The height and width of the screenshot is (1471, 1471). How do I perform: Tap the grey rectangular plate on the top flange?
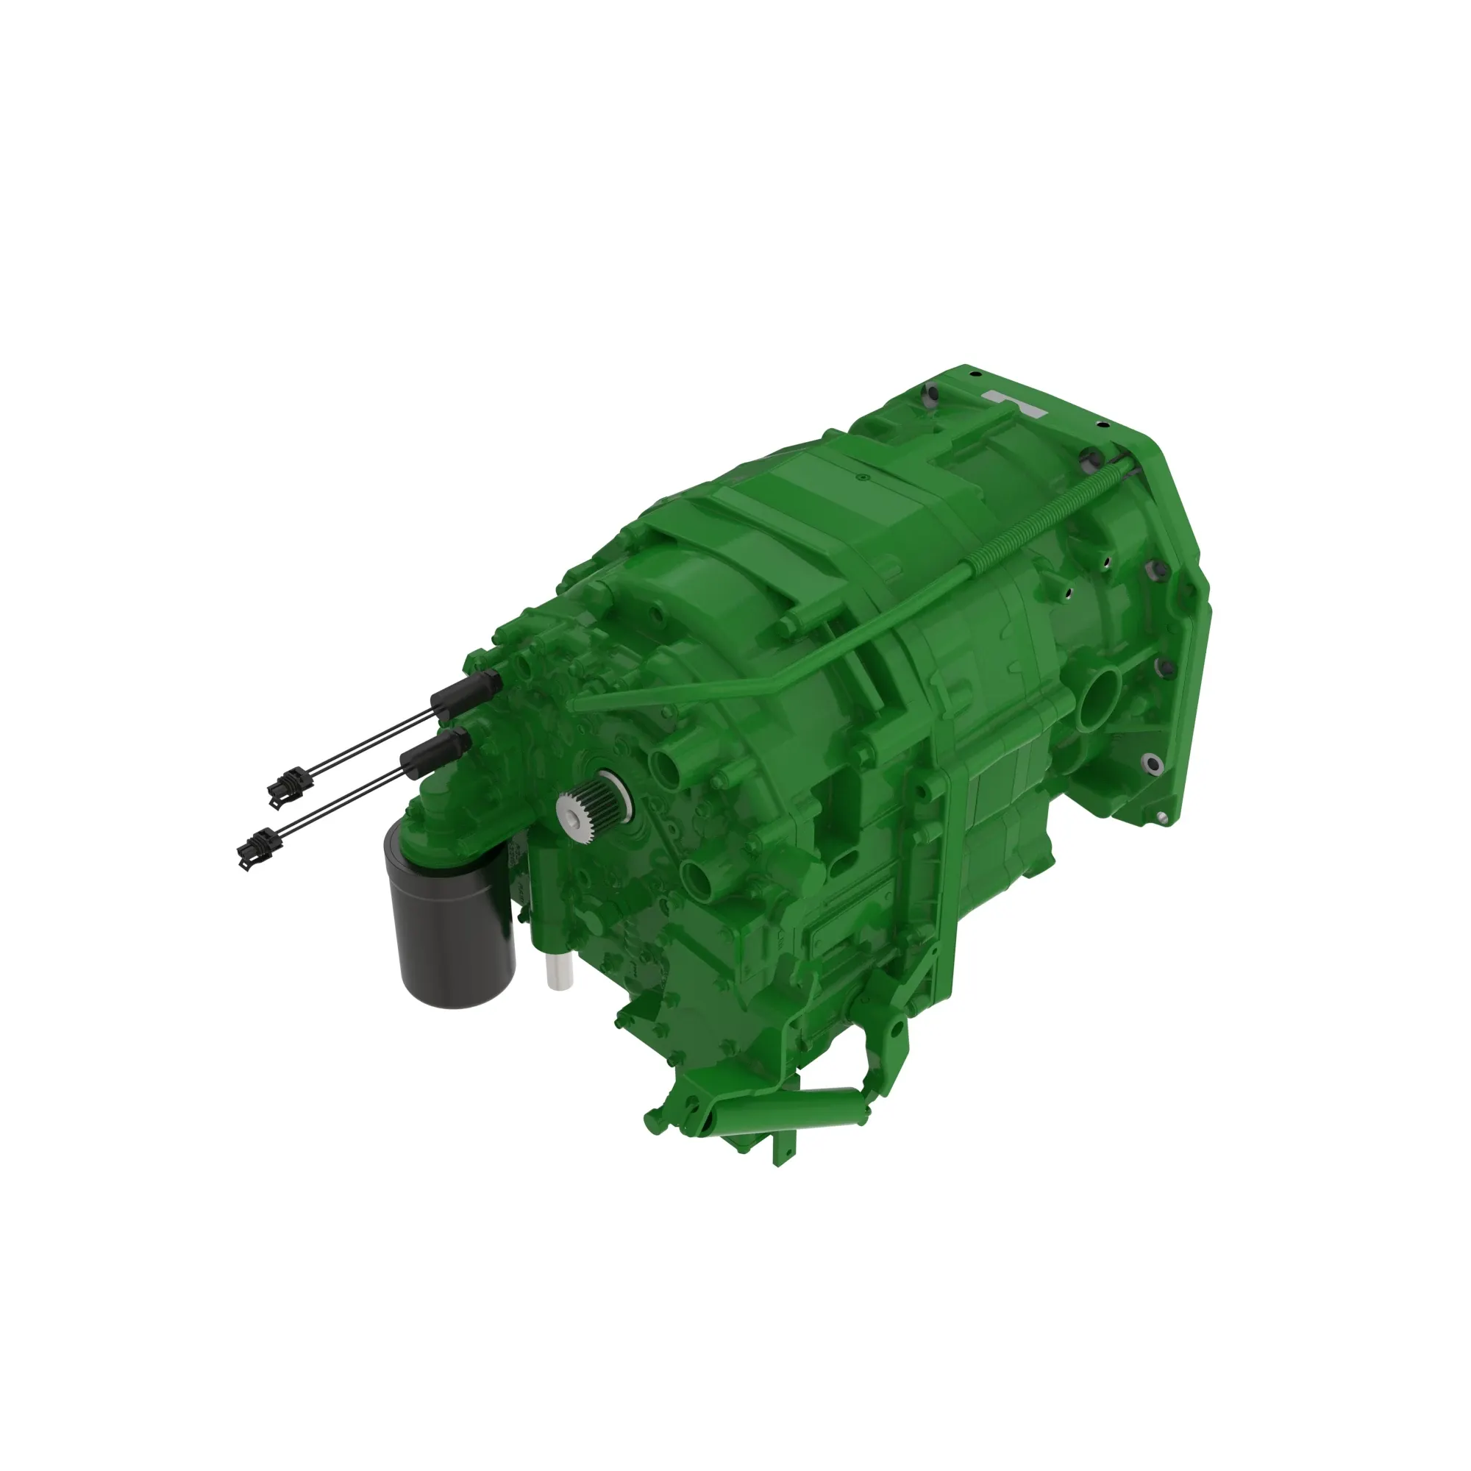click(x=1015, y=403)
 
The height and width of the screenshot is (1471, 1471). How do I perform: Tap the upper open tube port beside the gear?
click(x=664, y=766)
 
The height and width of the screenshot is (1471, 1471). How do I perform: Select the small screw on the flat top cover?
click(x=860, y=478)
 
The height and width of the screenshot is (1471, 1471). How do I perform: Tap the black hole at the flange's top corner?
click(x=972, y=373)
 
